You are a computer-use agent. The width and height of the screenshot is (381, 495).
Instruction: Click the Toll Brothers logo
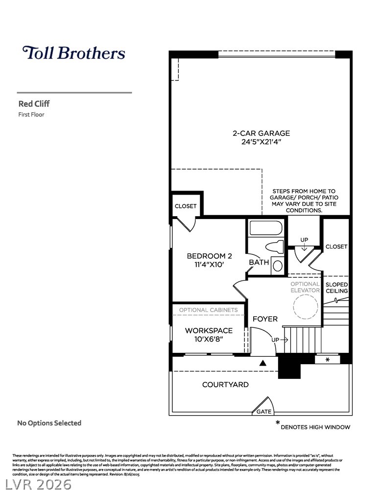point(73,53)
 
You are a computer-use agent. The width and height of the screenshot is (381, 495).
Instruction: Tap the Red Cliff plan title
point(34,103)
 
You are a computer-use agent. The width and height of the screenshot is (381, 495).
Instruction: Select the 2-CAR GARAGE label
point(261,133)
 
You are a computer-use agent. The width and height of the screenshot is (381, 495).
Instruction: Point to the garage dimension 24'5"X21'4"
point(261,142)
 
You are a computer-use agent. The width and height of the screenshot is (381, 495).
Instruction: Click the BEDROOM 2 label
point(209,256)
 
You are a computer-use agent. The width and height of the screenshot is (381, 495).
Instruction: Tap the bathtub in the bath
point(266,228)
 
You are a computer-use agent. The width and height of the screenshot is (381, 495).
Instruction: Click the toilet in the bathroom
point(274,247)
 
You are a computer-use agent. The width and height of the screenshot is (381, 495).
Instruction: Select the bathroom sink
point(277,266)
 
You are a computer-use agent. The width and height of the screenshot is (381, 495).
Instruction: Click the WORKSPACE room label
point(209,330)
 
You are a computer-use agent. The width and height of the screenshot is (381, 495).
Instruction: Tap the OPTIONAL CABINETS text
point(208,310)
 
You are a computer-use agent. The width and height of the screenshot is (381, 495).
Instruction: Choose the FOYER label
point(265,319)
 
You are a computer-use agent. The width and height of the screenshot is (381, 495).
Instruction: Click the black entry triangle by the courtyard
point(262,363)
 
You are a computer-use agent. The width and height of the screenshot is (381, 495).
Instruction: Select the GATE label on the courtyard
point(264,412)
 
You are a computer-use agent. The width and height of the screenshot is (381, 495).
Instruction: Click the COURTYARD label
point(225,385)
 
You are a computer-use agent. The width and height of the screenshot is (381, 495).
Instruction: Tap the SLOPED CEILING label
point(337,288)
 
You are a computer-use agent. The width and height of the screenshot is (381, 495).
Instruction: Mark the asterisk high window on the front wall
point(327,360)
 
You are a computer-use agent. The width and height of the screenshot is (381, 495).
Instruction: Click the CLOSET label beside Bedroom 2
point(186,206)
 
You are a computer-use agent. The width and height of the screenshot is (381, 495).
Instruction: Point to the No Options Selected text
point(49,423)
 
